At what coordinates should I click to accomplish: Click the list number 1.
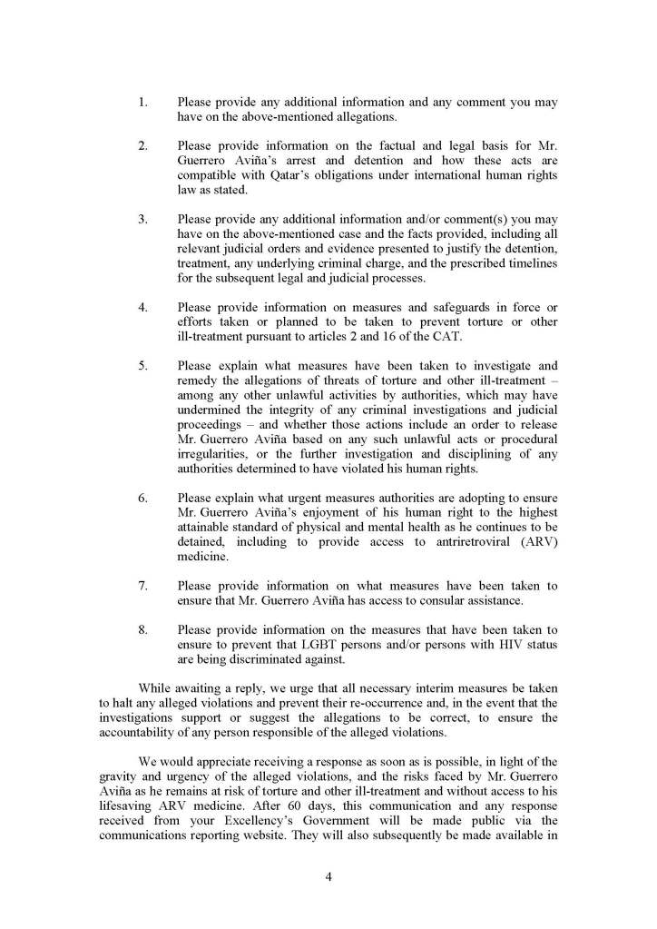(x=142, y=103)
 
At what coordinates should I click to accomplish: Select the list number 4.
(x=142, y=306)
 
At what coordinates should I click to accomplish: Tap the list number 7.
(x=142, y=586)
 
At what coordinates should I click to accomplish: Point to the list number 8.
(x=142, y=629)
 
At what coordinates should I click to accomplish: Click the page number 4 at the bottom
(x=328, y=876)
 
